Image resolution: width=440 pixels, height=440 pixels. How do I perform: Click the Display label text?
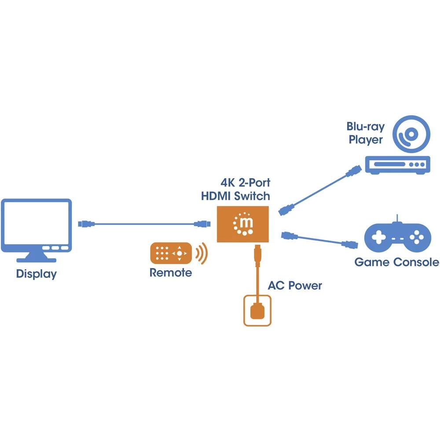click(x=37, y=274)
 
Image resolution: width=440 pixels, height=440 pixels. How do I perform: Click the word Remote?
click(x=171, y=273)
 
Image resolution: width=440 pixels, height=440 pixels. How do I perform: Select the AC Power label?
click(x=295, y=286)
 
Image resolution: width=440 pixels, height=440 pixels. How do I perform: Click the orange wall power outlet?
click(x=257, y=311)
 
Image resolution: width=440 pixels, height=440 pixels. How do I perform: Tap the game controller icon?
click(x=397, y=238)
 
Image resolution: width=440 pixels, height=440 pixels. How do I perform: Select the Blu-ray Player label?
click(x=365, y=133)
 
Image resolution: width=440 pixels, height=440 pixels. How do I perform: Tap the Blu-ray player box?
click(x=396, y=165)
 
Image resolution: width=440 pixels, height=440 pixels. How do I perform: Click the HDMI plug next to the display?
click(x=86, y=224)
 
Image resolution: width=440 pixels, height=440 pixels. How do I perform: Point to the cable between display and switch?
click(x=145, y=224)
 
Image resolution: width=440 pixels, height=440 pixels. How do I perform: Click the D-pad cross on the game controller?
click(x=378, y=238)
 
